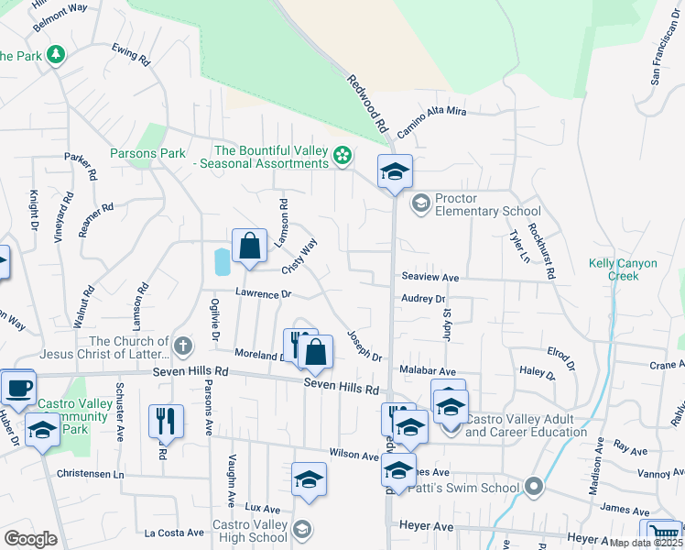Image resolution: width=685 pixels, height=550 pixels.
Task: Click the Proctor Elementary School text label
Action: click(x=487, y=204)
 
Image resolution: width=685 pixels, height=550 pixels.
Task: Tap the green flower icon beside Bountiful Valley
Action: click(x=342, y=157)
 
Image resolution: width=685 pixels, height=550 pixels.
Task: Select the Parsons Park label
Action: click(x=147, y=153)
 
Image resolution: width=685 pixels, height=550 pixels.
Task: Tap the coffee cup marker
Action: click(x=18, y=387)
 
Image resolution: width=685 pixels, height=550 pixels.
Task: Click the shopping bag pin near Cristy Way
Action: click(x=249, y=246)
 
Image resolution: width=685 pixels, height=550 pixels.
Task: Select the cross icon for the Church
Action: click(x=183, y=346)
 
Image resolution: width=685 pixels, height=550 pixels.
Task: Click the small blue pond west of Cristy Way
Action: click(x=222, y=262)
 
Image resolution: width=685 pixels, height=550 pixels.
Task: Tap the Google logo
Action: click(x=30, y=539)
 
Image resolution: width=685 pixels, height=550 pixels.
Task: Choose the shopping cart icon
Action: click(x=663, y=533)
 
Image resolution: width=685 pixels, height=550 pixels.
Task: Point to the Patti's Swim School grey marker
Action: click(x=535, y=487)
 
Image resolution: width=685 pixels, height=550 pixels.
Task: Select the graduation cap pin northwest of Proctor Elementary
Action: click(x=395, y=171)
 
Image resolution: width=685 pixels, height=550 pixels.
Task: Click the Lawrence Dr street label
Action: click(x=262, y=294)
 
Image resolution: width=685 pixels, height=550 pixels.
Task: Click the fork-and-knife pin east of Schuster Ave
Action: click(x=166, y=422)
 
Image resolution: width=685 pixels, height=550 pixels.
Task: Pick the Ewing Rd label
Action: click(x=131, y=54)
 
